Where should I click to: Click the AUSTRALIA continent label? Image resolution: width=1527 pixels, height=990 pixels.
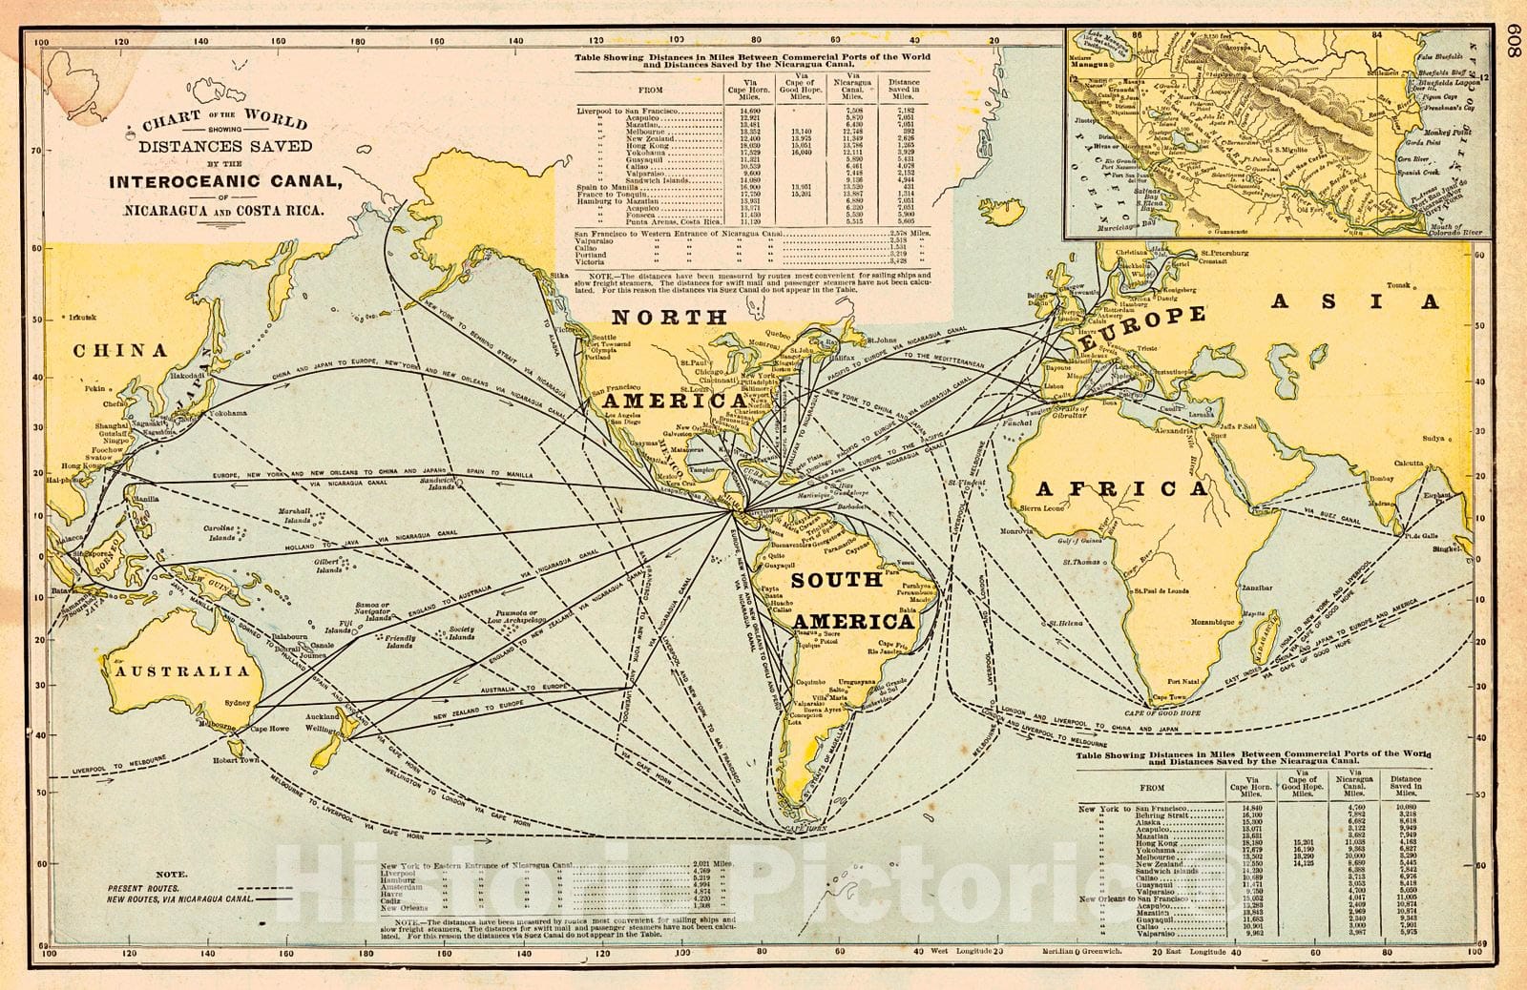[182, 670]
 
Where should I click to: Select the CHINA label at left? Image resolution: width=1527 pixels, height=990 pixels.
[120, 350]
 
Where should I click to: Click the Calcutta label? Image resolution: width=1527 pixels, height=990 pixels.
[1404, 463]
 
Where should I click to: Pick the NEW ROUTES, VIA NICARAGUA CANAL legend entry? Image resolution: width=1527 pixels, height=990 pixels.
[180, 898]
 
